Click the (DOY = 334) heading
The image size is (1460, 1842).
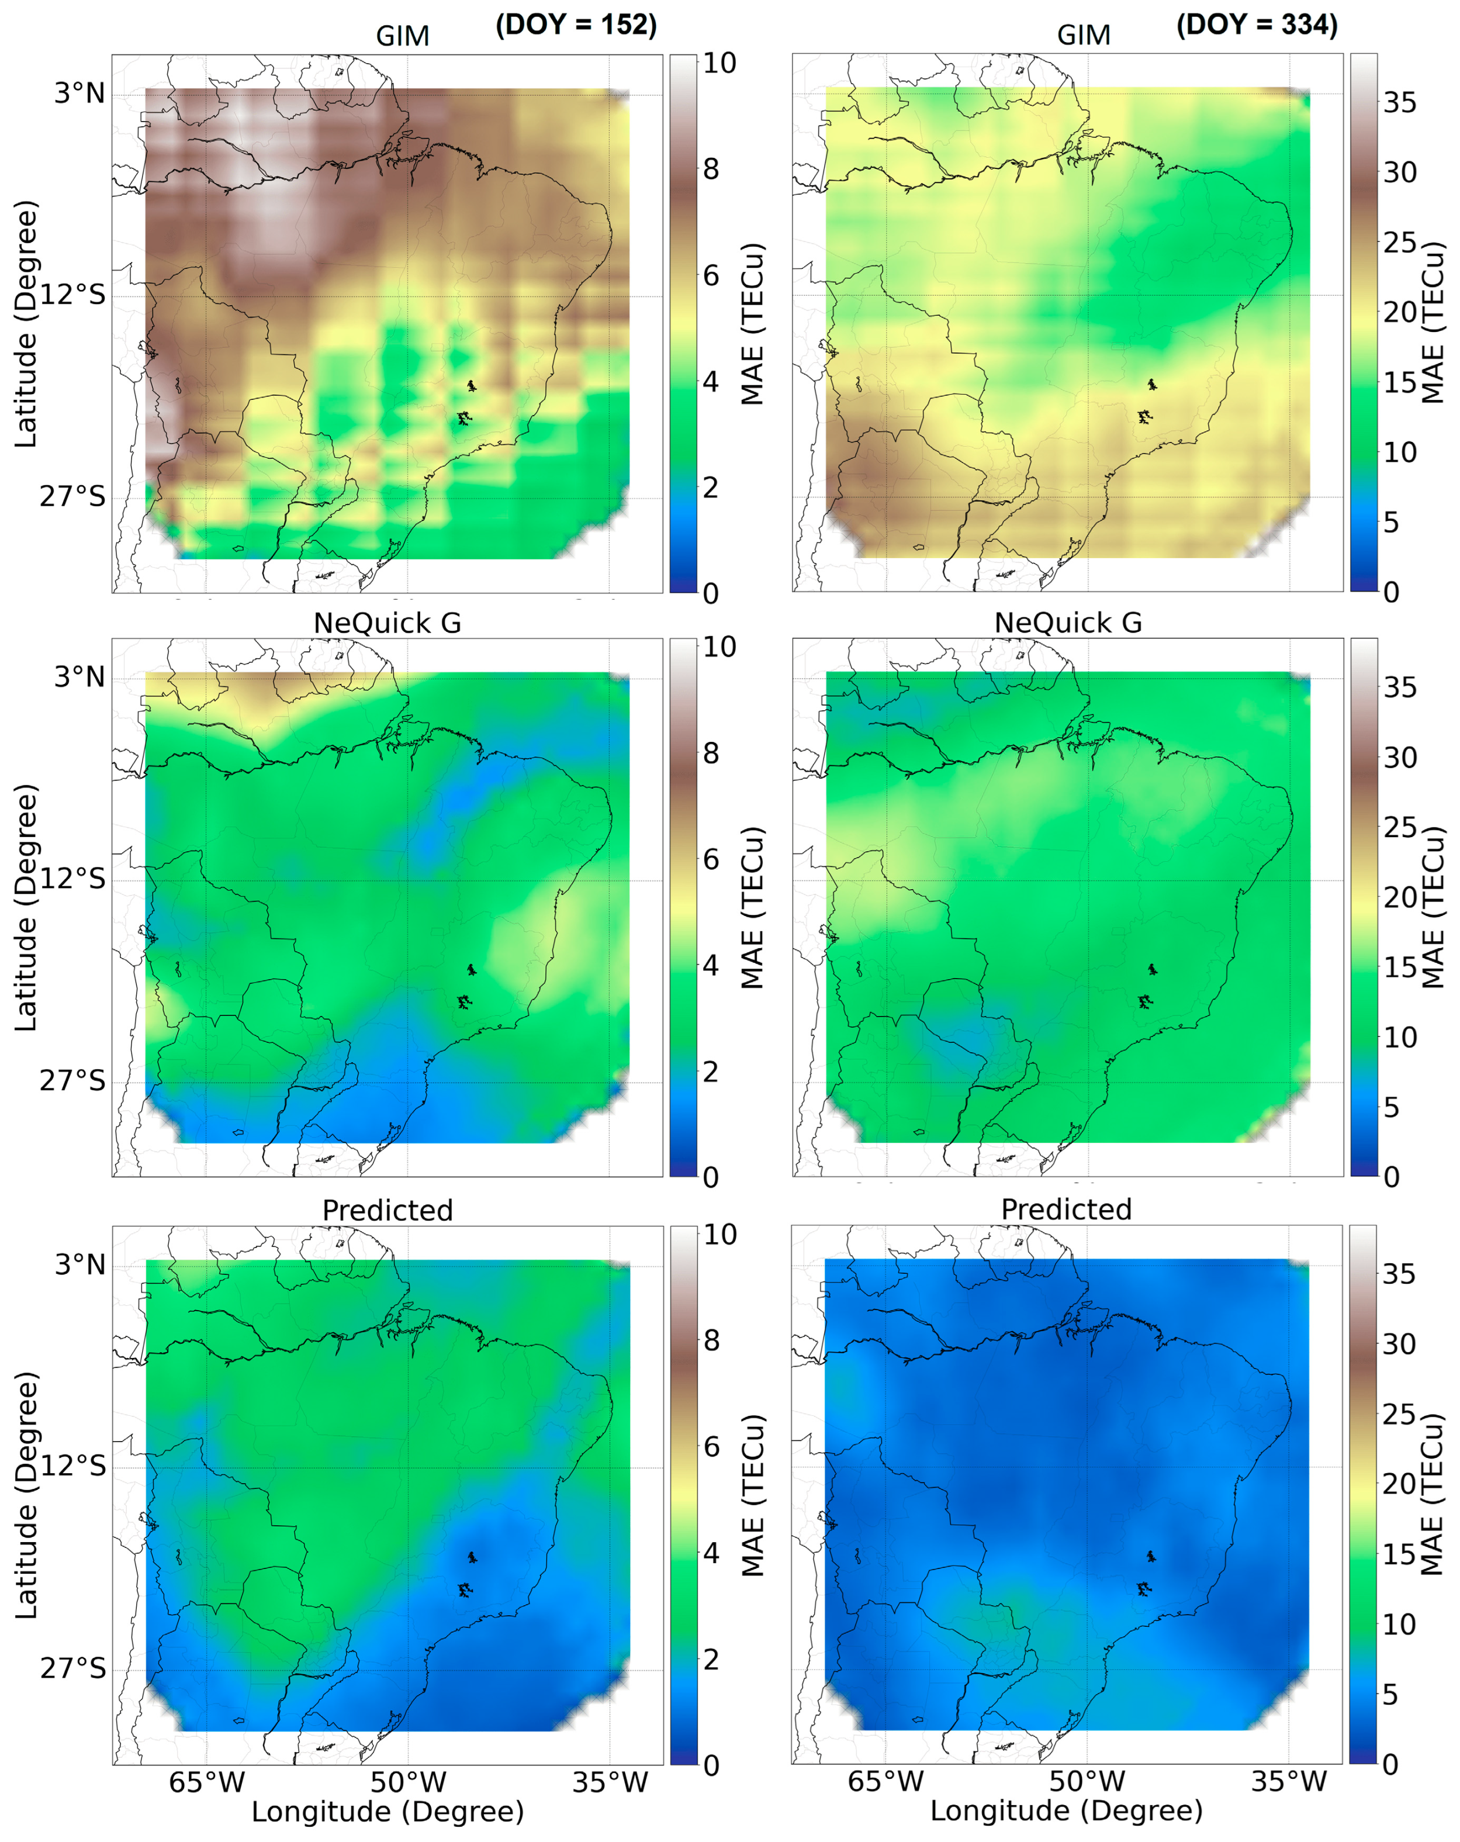[1256, 25]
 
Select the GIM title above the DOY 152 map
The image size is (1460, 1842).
[402, 36]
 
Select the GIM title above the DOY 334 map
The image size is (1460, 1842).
[1083, 35]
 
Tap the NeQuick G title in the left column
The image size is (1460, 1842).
[387, 623]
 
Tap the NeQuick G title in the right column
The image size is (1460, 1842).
[1067, 623]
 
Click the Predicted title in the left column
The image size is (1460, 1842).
[387, 1211]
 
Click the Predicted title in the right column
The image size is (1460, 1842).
[1066, 1209]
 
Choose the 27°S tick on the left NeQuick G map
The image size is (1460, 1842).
[72, 1081]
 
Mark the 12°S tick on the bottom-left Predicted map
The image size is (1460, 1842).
[72, 1466]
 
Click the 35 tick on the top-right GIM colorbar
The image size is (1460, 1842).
[1399, 102]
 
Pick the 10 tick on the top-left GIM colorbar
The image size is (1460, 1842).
[718, 63]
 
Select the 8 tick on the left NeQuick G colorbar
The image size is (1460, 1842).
[711, 754]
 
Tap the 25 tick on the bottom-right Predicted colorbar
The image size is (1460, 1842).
[1399, 1415]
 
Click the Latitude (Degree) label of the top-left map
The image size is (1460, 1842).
[26, 324]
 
